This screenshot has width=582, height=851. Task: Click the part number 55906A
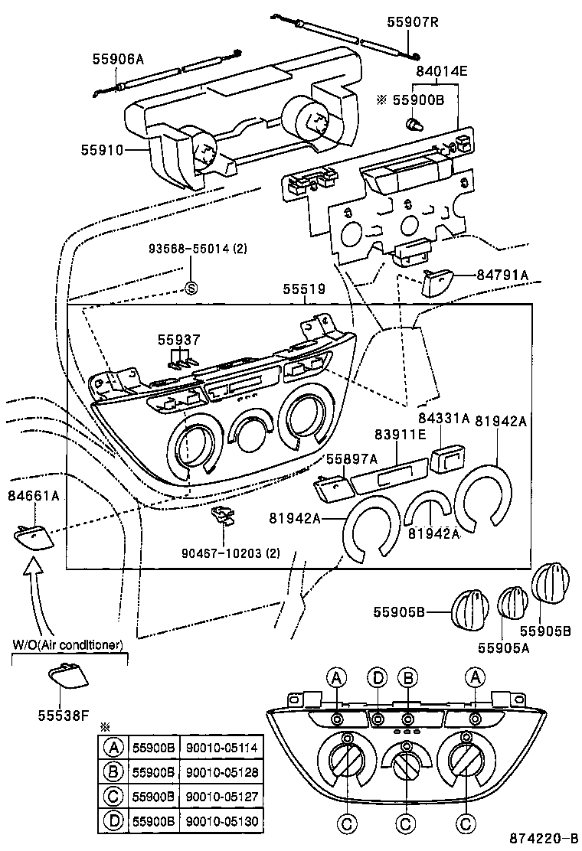(119, 57)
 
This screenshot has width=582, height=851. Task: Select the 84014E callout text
(441, 72)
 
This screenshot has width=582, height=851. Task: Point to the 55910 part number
(102, 151)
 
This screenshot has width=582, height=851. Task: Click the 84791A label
(502, 275)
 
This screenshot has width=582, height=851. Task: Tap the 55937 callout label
(179, 339)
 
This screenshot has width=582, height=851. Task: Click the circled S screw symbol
(191, 289)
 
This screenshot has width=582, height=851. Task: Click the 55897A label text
(352, 458)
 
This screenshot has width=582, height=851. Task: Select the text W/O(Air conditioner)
(68, 644)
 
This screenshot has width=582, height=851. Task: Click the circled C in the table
(113, 797)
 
